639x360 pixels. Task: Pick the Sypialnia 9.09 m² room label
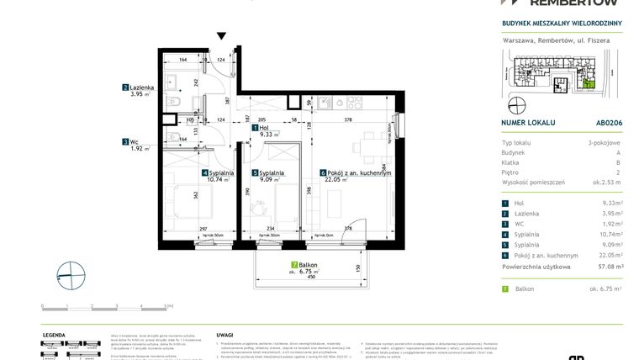pyautogui.click(x=268, y=175)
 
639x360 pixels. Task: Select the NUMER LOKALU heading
pyautogui.click(x=527, y=122)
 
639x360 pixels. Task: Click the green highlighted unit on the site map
pyautogui.click(x=589, y=82)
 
